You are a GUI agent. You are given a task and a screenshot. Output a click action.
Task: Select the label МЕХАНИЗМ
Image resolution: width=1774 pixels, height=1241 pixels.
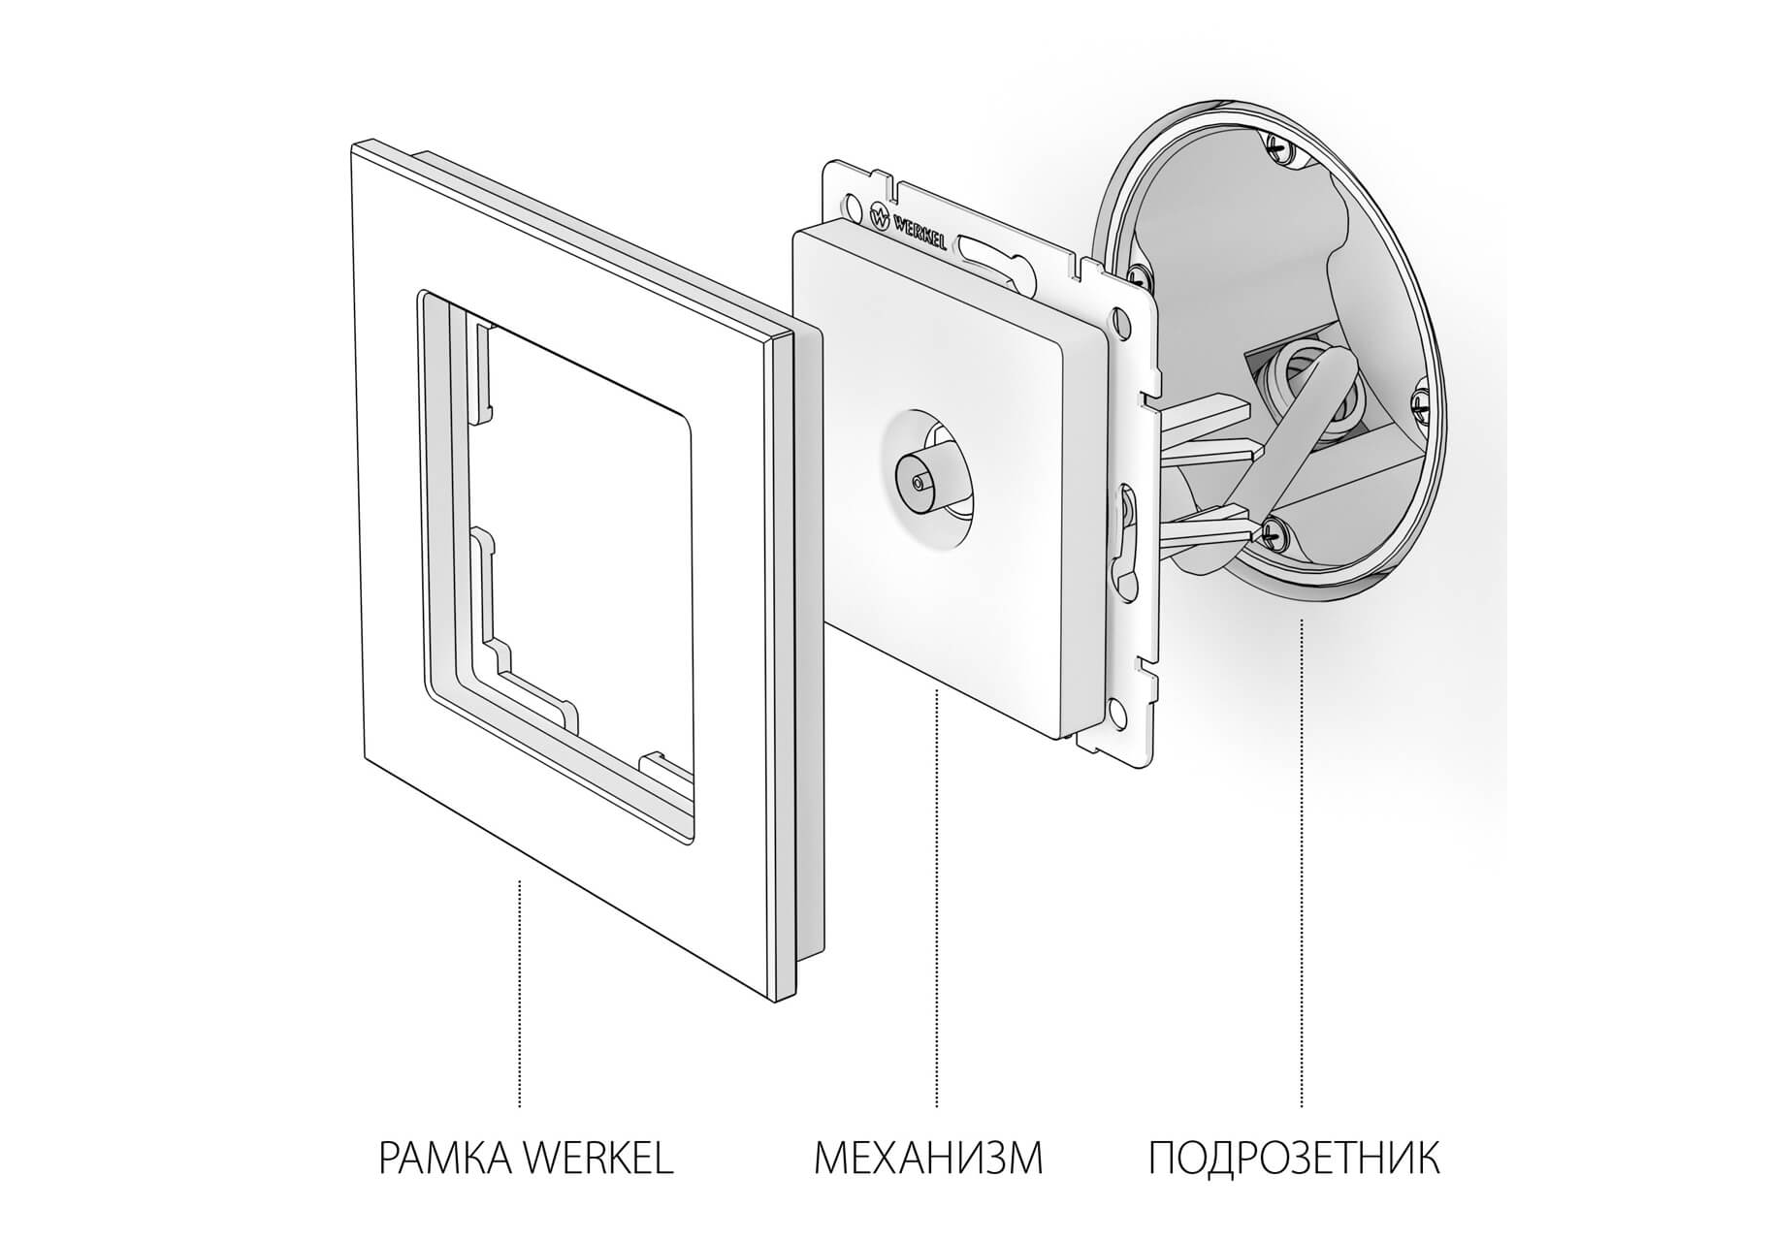pyautogui.click(x=928, y=1158)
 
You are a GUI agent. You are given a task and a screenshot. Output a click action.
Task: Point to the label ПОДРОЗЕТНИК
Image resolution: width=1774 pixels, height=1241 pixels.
pyautogui.click(x=1294, y=1158)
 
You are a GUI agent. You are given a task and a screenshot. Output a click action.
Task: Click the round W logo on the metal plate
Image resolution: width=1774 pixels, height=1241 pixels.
pyautogui.click(x=881, y=217)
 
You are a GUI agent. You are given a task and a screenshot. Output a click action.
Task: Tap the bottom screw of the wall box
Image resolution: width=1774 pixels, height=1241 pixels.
pyautogui.click(x=1276, y=530)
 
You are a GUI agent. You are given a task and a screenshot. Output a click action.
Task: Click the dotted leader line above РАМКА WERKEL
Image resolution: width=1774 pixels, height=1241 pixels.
pyautogui.click(x=520, y=993)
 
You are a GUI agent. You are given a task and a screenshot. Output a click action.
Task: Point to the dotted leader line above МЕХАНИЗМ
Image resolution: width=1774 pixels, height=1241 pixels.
pyautogui.click(x=936, y=898)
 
